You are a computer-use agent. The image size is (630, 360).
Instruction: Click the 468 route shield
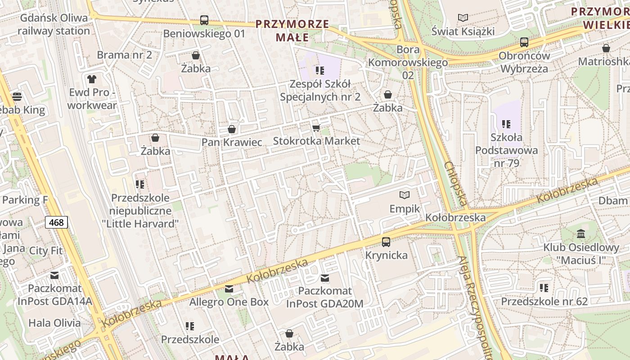[56, 222]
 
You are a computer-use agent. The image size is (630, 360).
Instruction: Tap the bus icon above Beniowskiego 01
[204, 20]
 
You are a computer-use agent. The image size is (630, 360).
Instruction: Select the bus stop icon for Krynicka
[386, 242]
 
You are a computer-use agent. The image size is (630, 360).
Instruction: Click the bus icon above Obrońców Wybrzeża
[524, 42]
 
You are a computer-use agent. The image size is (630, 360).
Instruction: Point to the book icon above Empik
[405, 195]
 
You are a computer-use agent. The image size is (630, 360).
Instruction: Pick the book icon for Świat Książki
[463, 18]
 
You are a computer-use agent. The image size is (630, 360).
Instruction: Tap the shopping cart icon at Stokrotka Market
[316, 128]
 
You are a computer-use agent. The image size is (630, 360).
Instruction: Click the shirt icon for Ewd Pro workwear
[92, 79]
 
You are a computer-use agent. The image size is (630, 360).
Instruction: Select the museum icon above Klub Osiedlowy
[581, 234]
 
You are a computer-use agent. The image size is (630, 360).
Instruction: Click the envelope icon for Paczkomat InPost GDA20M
[324, 278]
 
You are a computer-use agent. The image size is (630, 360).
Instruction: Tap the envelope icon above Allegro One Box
[229, 289]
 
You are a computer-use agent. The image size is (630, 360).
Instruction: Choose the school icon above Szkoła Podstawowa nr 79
[506, 124]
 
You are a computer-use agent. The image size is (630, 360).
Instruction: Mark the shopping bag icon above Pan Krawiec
[232, 130]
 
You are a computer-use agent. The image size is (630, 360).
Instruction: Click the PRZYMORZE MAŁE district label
[292, 31]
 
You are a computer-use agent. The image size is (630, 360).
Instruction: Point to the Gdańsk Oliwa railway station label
[54, 24]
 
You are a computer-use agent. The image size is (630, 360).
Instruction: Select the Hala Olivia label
[54, 323]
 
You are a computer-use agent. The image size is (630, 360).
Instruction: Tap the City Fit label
[45, 251]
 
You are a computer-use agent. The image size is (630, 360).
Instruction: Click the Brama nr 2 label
[125, 55]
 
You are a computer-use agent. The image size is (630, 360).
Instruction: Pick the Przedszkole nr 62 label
[544, 301]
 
